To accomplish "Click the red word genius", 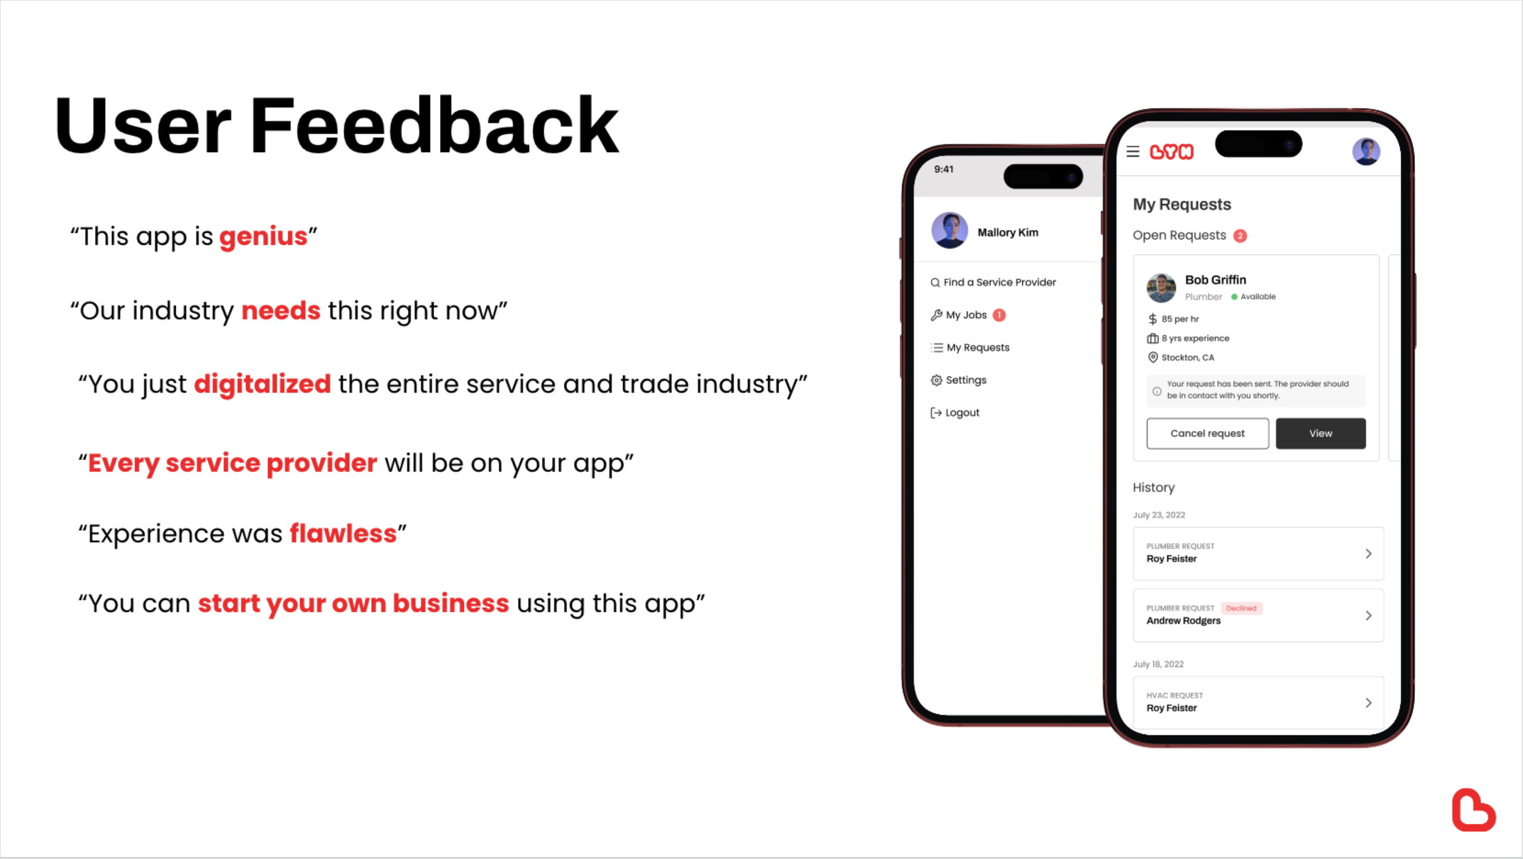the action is click(x=263, y=237).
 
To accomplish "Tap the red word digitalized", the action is click(x=262, y=384).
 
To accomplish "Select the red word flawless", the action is click(x=343, y=534).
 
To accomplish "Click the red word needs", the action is click(x=281, y=311).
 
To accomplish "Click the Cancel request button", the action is click(x=1207, y=433).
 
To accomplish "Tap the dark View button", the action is click(x=1321, y=433).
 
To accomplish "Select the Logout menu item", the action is click(x=955, y=413).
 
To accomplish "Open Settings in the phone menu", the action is click(x=958, y=380).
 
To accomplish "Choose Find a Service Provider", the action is click(x=993, y=283).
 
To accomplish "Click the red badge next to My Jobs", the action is click(x=999, y=315).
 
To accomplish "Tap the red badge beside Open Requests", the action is click(x=1240, y=236).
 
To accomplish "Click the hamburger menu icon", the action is click(x=1133, y=152).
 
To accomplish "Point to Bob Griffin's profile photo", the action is click(x=1161, y=288).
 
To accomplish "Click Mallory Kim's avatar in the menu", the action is click(x=949, y=230).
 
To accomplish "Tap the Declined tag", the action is click(x=1242, y=608).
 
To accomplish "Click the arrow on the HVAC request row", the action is click(x=1368, y=703).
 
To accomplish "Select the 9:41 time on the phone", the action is click(x=944, y=170).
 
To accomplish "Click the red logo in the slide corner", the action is click(x=1473, y=810).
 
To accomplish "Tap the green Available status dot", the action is click(x=1234, y=297).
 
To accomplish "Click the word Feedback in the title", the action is click(x=434, y=126).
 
